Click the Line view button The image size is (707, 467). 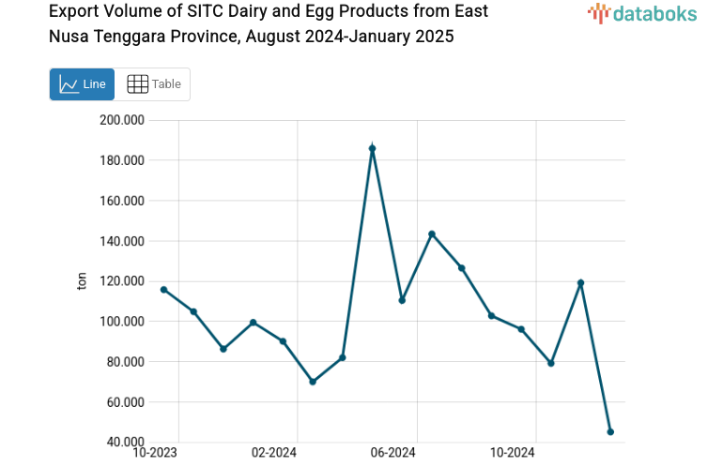coord(82,84)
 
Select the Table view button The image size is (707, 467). coord(153,84)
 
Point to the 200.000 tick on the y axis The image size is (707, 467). coord(122,120)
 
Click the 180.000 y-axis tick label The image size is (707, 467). coord(122,160)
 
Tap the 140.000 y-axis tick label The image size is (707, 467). coord(122,241)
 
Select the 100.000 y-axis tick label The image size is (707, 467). coord(122,322)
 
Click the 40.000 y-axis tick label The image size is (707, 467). coord(125,443)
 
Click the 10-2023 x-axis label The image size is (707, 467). coord(155,453)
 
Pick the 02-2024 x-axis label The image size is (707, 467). coord(274,453)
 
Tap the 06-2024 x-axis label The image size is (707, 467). coord(392,453)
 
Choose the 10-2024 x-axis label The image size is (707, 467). coord(512,453)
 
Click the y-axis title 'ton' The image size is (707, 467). coord(82,281)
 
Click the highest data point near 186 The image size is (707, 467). coord(373,148)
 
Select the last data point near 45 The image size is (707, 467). coord(610,432)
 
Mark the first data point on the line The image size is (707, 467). coord(163,290)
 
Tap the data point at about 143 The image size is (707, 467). coord(432,233)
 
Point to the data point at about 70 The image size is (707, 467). coord(313,382)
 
